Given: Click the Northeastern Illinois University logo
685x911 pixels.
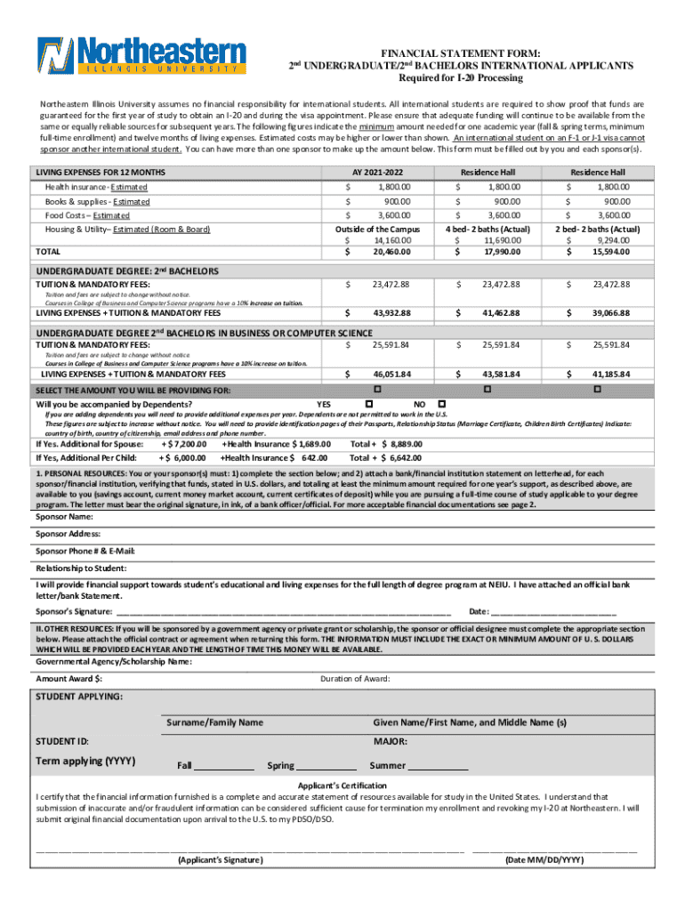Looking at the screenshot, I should click(141, 56).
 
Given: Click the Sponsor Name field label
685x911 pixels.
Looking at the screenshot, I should click(64, 516).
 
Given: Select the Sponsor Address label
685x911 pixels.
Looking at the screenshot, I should click(68, 534).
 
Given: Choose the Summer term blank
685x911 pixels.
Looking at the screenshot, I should click(438, 766).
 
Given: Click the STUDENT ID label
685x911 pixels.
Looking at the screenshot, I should click(61, 740).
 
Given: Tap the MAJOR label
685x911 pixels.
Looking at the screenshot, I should click(391, 740).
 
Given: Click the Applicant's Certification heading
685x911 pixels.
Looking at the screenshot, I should click(342, 786).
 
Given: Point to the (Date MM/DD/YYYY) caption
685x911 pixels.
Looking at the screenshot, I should click(544, 860).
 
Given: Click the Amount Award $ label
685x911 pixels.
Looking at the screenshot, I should click(68, 679).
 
